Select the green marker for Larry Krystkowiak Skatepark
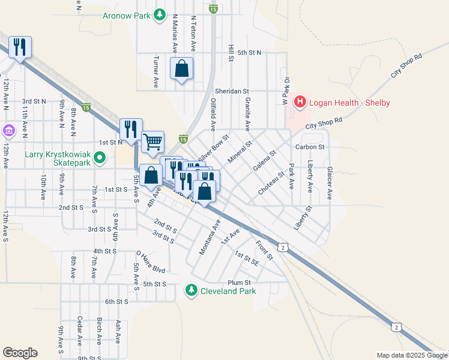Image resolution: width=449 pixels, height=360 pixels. pos(100,158)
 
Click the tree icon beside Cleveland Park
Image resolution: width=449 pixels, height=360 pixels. pos(191,291)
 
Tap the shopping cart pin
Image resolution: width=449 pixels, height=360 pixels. pos(153,142)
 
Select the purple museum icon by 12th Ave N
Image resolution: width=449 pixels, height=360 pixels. pos(8,130)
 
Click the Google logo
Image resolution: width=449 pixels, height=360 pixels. pos(20,353)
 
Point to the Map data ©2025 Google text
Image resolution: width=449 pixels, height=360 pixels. pos(411,355)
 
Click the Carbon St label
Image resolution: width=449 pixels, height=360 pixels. pos(310,146)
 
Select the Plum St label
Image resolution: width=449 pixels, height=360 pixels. pos(238,283)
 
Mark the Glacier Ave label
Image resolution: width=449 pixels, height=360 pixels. pos(330,179)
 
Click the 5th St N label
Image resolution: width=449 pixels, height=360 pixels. pos(249,53)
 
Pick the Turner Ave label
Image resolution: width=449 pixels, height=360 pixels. pos(155,73)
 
